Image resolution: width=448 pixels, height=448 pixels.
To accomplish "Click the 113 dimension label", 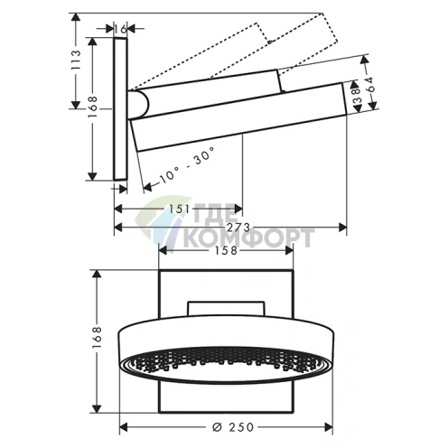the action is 77,60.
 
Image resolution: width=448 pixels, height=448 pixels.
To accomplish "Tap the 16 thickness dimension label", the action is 120,29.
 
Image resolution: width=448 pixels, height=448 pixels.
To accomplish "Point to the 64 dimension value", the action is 370,85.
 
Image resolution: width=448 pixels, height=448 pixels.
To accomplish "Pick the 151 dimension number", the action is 179,209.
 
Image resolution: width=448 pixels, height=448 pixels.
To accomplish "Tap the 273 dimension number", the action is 238,228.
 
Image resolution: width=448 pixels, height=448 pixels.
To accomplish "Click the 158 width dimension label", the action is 226,250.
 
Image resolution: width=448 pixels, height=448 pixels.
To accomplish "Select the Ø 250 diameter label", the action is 233,426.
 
